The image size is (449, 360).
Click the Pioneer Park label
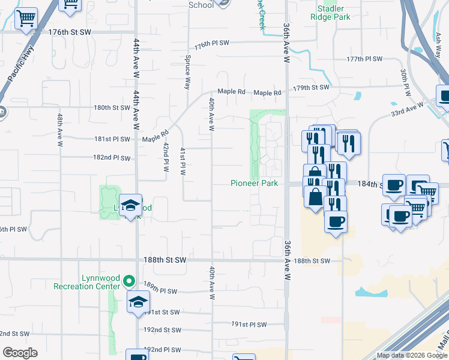255,183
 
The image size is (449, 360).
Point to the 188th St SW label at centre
165,261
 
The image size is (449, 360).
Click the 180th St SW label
112,108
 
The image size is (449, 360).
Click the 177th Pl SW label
364,59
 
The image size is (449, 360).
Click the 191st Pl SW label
249,325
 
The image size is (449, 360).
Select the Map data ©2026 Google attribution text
412,355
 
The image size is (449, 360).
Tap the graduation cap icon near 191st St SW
138,302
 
